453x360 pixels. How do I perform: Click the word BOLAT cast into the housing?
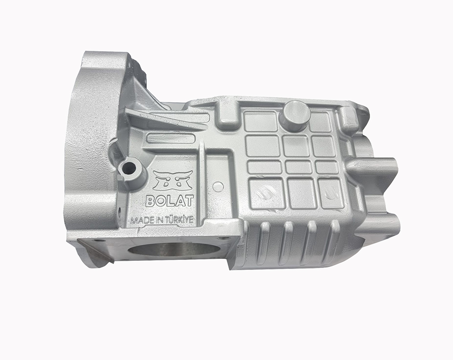pos(169,201)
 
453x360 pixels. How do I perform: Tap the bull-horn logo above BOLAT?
pos(173,180)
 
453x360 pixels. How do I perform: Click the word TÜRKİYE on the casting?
pos(179,220)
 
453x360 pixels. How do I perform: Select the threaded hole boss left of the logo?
pos(129,168)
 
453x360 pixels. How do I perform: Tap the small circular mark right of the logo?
pos(217,186)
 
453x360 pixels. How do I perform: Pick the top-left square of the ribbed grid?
pos(260,121)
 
